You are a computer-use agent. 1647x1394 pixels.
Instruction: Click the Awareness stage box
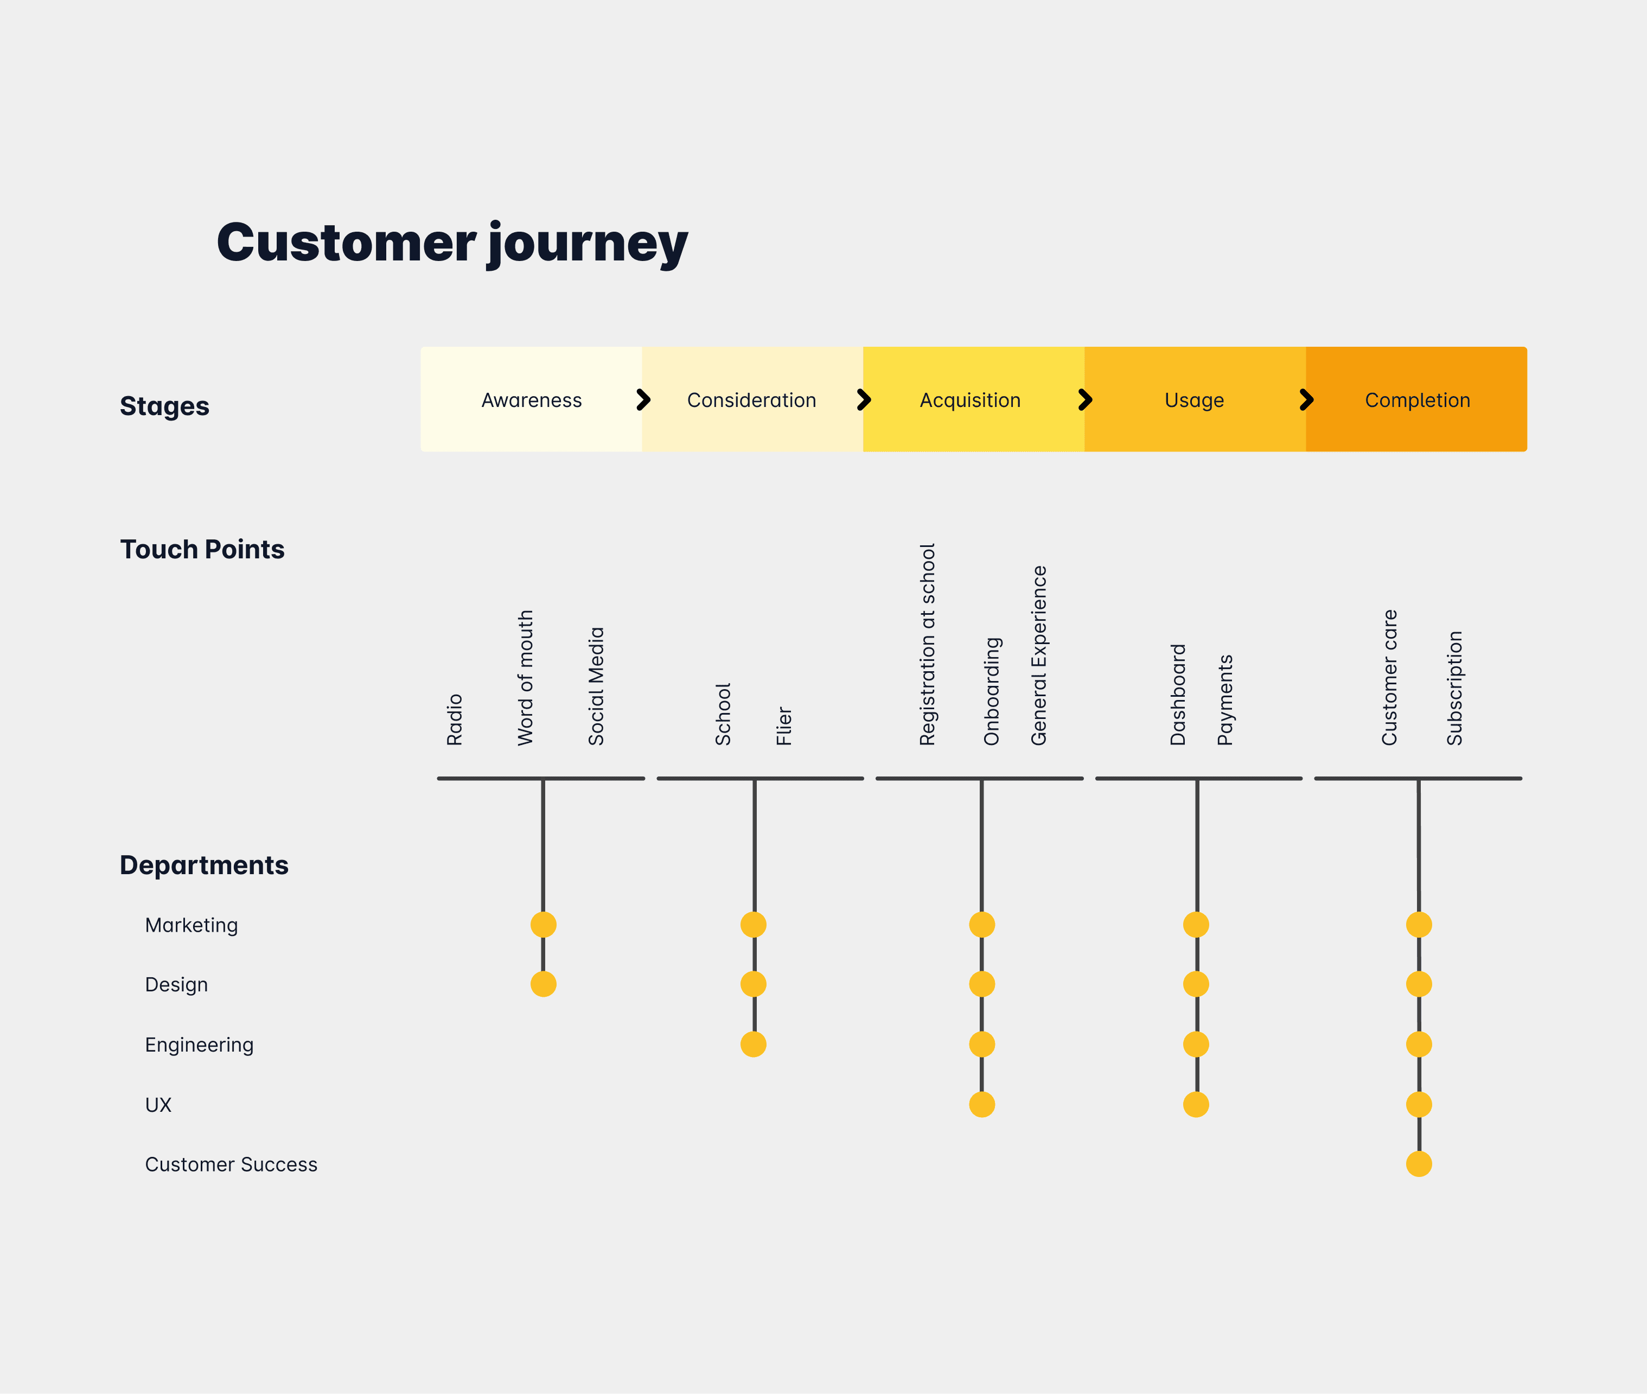[x=531, y=400]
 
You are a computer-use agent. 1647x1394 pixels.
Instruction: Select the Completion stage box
[x=1416, y=400]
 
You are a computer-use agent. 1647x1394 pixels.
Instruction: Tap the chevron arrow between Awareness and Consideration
[x=644, y=400]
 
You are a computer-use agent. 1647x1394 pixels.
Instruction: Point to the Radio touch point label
[x=454, y=719]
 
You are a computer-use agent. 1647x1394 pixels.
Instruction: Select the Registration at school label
[x=927, y=644]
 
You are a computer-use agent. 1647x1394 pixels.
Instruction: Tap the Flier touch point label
[x=783, y=725]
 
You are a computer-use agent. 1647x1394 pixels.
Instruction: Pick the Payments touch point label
[x=1224, y=699]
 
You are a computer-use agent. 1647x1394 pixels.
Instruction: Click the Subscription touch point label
[x=1454, y=688]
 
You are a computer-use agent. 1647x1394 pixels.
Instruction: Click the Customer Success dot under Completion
[x=1419, y=1164]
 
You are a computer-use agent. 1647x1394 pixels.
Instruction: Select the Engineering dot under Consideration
[x=754, y=1044]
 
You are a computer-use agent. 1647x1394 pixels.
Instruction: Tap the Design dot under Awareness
[x=544, y=984]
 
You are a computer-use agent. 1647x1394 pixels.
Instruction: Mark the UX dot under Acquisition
[x=982, y=1104]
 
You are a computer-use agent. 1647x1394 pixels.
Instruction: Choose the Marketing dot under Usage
[x=1196, y=924]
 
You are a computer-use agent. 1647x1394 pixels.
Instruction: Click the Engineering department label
[x=199, y=1045]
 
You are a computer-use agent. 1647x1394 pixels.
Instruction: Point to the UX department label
[x=158, y=1105]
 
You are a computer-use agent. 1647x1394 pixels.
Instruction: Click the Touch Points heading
[x=202, y=549]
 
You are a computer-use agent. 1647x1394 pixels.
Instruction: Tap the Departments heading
[x=204, y=865]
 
